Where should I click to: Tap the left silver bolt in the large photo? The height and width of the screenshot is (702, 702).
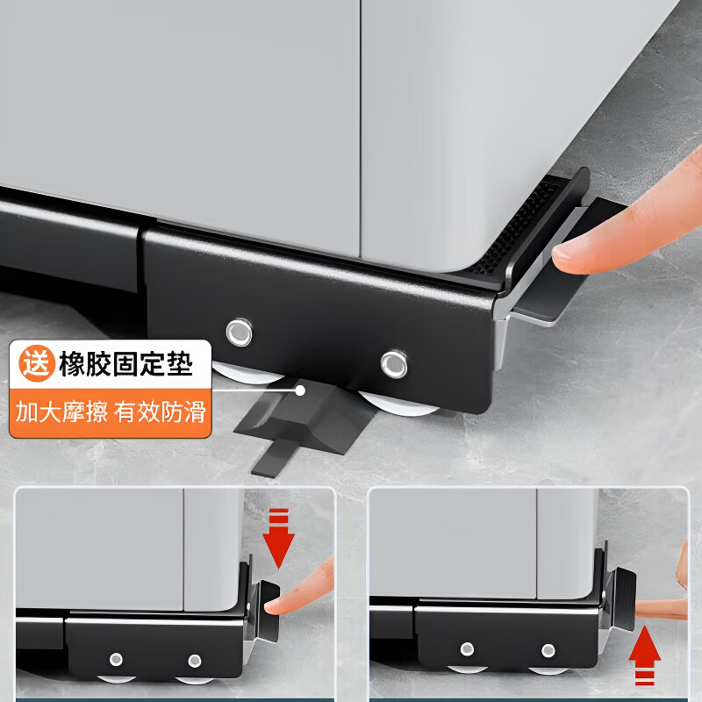click(238, 332)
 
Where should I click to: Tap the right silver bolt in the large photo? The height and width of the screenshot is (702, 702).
click(394, 362)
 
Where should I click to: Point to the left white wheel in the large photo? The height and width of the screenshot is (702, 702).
click(240, 379)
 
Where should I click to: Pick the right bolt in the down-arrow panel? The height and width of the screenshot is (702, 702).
click(195, 660)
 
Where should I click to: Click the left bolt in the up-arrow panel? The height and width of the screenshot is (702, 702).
click(467, 649)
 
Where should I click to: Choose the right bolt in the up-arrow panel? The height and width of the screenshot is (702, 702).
click(548, 650)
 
